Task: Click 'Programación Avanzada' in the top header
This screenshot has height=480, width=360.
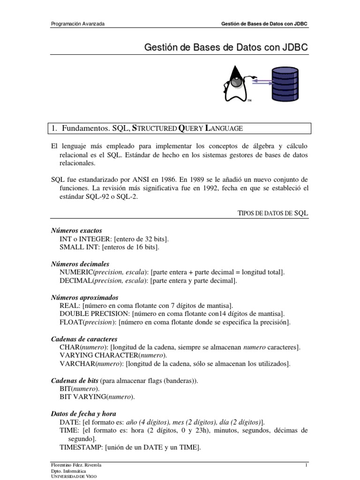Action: [77, 23]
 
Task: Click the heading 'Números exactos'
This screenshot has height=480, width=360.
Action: [76, 231]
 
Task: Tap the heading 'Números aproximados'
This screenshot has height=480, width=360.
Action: [84, 297]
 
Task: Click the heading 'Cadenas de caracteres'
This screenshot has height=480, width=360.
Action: [84, 339]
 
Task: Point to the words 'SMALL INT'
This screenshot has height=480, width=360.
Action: [78, 247]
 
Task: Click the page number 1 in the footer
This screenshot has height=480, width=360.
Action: [306, 465]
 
